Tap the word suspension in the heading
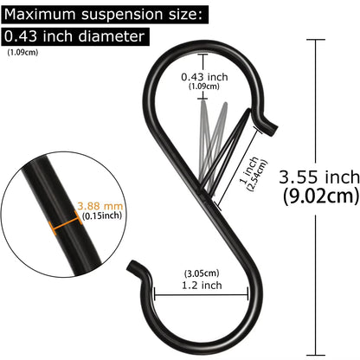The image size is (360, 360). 122,15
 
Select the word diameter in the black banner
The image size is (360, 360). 111,36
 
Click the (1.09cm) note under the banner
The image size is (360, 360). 22,53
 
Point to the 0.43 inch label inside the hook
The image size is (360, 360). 204,77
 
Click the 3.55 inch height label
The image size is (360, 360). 319,177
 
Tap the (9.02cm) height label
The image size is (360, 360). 321,196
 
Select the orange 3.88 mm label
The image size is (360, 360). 100,206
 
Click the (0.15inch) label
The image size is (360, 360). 102,215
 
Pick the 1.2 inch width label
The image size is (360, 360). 202,286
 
